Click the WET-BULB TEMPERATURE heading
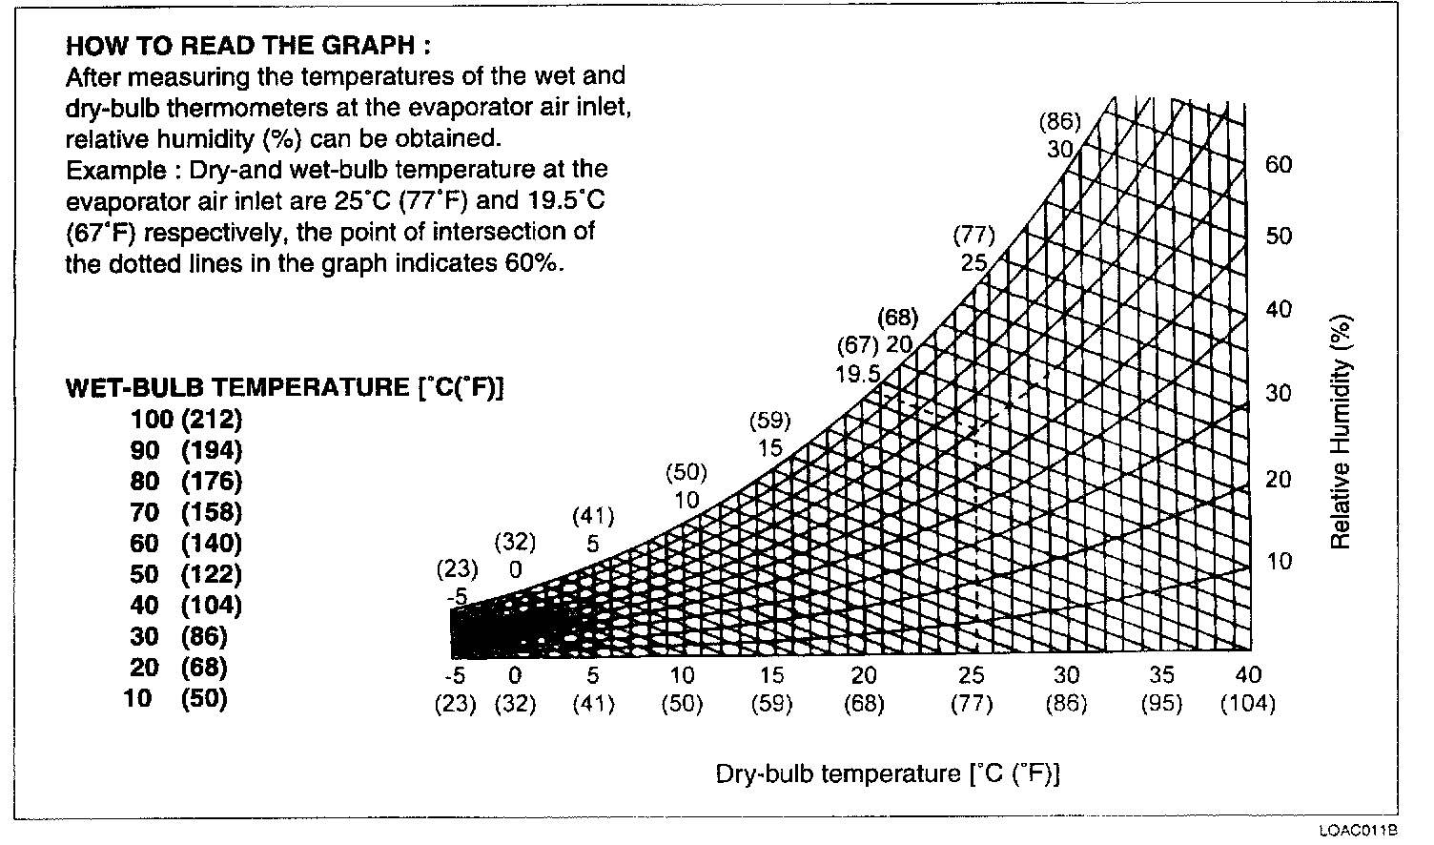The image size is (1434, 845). (x=284, y=387)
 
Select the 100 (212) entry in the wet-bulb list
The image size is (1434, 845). (x=187, y=419)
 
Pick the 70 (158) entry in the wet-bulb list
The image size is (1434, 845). (x=187, y=512)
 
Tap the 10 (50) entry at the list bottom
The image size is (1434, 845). (x=176, y=698)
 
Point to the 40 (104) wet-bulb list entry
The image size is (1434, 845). (x=187, y=605)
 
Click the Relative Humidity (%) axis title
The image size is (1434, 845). (x=1341, y=432)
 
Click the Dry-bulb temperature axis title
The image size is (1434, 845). (x=888, y=773)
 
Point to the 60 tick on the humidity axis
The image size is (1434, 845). (x=1279, y=165)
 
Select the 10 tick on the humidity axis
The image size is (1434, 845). (x=1279, y=561)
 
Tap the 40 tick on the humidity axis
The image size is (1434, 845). (x=1279, y=309)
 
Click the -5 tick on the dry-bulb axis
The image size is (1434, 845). (x=455, y=676)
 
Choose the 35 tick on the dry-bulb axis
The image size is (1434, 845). (x=1161, y=676)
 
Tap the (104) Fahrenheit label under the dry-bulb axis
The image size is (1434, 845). (x=1247, y=705)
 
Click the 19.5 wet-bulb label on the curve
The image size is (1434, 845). (x=858, y=375)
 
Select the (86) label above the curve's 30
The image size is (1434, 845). (x=1059, y=121)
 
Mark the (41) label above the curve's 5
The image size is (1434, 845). (x=593, y=516)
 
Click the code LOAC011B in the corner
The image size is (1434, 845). (x=1359, y=831)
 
